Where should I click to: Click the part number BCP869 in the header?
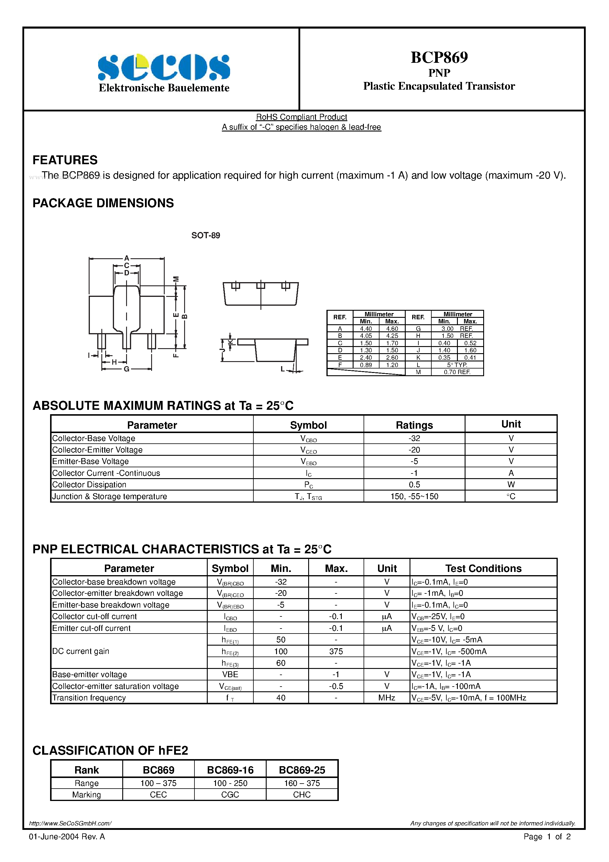tap(439, 57)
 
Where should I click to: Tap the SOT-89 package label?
tap(206, 235)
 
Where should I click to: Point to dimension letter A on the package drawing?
tap(127, 258)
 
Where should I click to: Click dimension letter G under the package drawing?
tap(126, 369)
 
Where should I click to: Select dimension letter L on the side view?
tap(283, 369)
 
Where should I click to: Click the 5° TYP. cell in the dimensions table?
tap(457, 365)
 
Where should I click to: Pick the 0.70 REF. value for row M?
tap(457, 372)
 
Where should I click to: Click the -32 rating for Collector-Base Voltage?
tap(414, 438)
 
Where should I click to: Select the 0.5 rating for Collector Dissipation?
tap(414, 484)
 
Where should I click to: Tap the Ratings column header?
tap(414, 425)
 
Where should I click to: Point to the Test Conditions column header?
tap(483, 568)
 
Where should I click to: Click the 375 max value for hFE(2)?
tap(336, 652)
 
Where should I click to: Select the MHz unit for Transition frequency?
tap(387, 698)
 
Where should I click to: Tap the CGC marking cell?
tap(230, 794)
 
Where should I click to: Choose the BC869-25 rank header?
tap(302, 770)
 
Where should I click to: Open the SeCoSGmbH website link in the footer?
tap(70, 823)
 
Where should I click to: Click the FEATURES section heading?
tap(65, 160)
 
